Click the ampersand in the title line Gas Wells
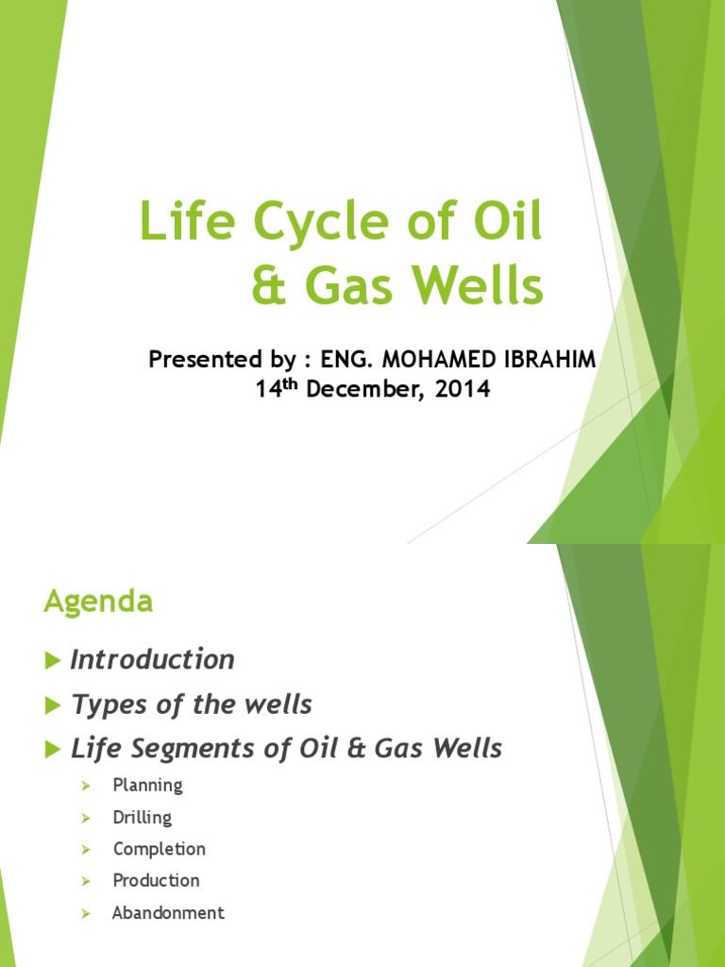(x=268, y=287)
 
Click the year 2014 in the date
(x=462, y=389)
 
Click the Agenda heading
(x=98, y=602)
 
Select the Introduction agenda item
(x=152, y=659)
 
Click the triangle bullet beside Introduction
(x=52, y=660)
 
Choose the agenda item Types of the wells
(x=191, y=704)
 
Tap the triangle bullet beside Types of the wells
(x=52, y=705)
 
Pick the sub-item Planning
(x=147, y=785)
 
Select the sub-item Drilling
(x=143, y=817)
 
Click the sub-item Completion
(x=159, y=849)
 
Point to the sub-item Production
(x=156, y=880)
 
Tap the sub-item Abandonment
(x=168, y=912)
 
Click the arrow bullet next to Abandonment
(x=85, y=913)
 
